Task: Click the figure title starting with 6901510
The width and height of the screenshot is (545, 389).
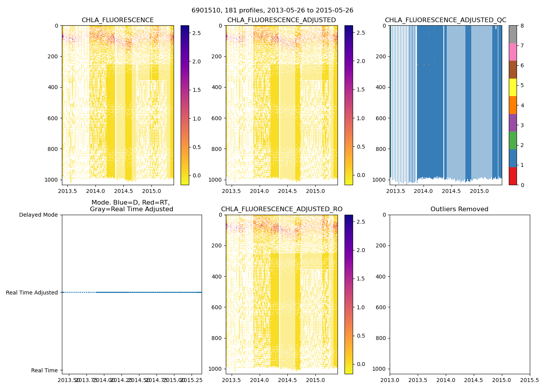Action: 272,11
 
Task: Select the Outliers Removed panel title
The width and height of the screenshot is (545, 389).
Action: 459,209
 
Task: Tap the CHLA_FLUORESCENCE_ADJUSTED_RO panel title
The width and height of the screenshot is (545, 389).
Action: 281,209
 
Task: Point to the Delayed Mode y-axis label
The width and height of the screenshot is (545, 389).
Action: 39,215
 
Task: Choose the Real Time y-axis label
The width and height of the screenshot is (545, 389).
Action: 44,370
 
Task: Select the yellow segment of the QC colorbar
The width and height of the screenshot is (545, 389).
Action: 513,87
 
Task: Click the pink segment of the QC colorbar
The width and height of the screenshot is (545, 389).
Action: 513,52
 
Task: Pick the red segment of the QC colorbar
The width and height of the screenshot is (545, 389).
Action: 513,176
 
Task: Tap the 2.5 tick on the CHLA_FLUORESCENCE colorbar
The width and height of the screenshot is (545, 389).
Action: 197,33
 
